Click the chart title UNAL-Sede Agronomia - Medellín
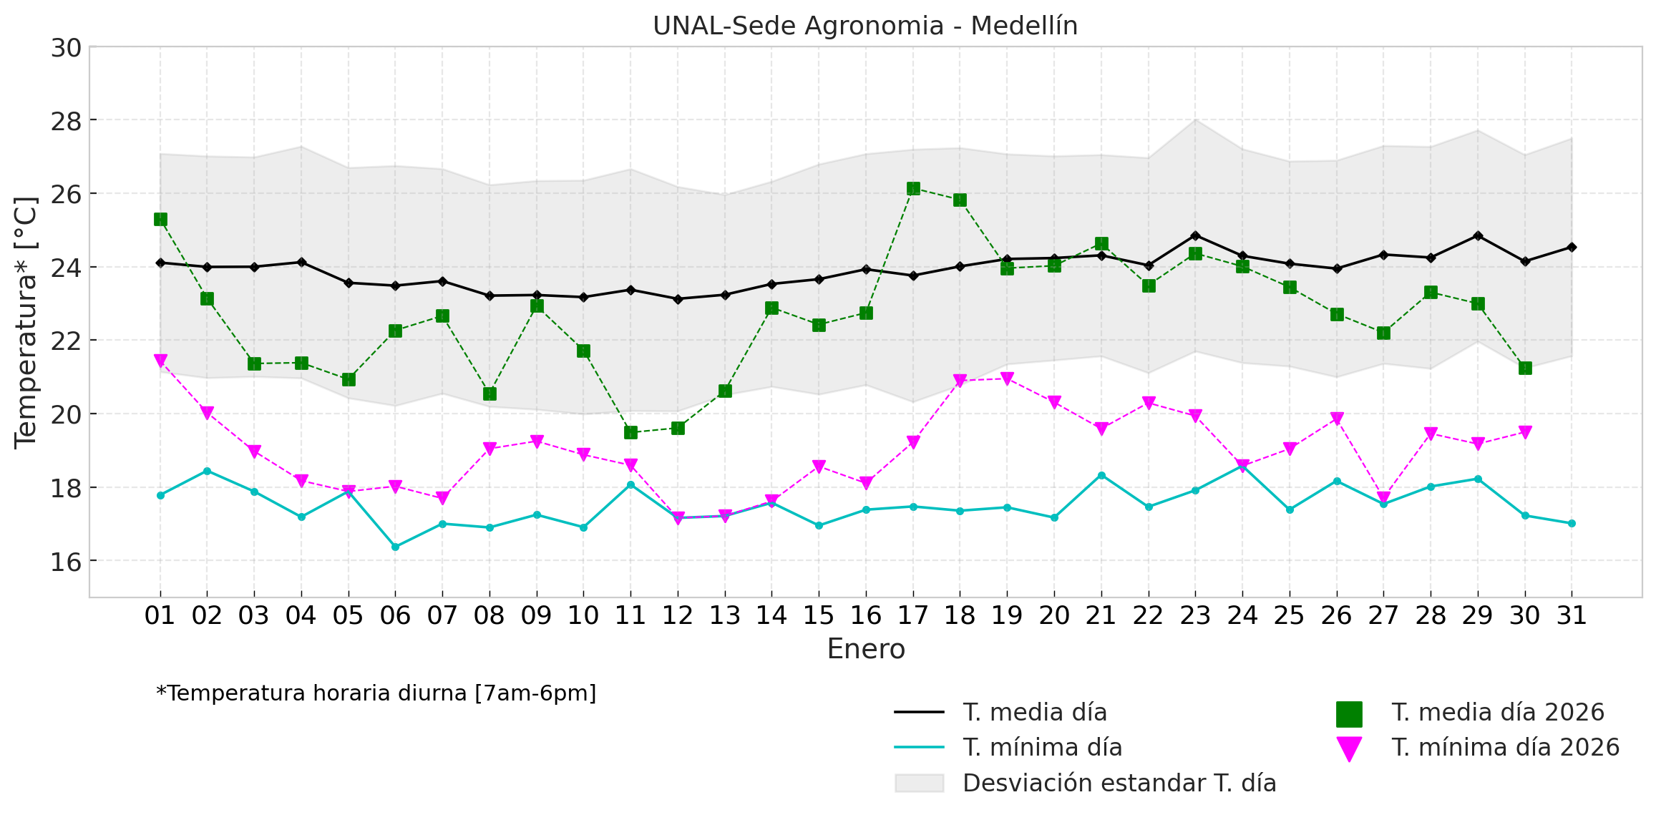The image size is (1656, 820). (x=864, y=26)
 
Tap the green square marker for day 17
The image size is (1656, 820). (x=913, y=189)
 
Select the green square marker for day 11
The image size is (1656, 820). (x=630, y=432)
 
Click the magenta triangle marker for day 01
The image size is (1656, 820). (x=160, y=361)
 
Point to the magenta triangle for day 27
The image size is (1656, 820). (x=1383, y=498)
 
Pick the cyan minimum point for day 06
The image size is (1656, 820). (x=395, y=547)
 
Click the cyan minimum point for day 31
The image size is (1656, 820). (x=1572, y=523)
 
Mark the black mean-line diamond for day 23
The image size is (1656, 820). (x=1195, y=235)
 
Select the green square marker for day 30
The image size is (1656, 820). (x=1525, y=368)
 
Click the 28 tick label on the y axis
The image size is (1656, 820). (x=65, y=121)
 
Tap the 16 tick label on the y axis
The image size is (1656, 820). (x=65, y=562)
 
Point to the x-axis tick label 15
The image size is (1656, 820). (x=819, y=615)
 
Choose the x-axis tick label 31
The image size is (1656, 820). (x=1572, y=615)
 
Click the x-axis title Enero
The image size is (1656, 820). (x=866, y=649)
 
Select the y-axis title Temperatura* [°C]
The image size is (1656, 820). (x=26, y=322)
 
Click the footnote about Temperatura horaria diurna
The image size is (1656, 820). (x=376, y=693)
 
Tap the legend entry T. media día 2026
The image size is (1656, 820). (x=1497, y=713)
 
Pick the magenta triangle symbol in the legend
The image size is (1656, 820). (x=1348, y=748)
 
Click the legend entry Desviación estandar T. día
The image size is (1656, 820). (x=1119, y=784)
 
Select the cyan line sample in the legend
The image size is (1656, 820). (x=919, y=748)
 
